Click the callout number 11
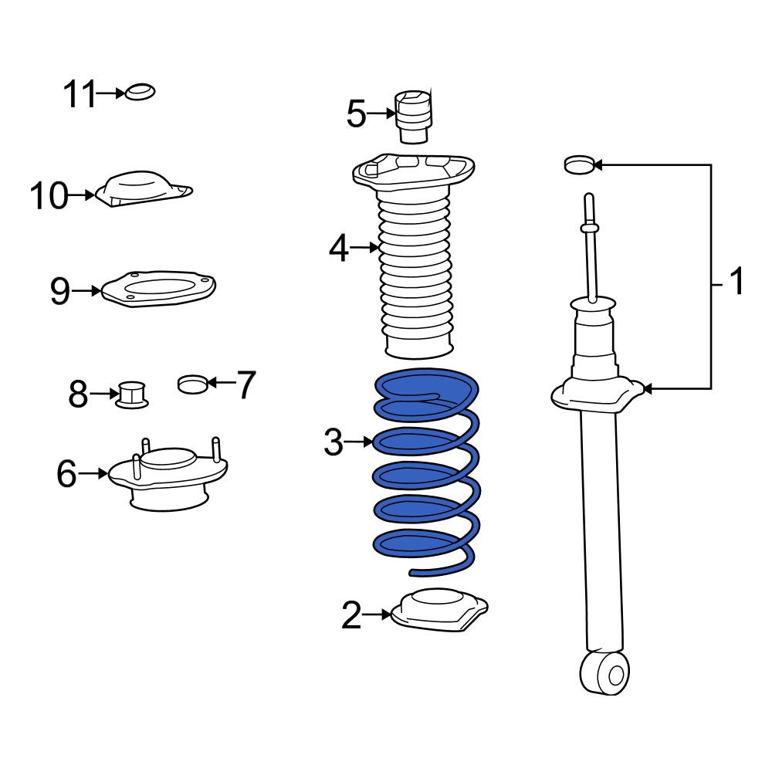pos(80,93)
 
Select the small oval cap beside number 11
pos(140,92)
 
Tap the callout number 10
pos(49,195)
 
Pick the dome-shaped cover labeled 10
pos(144,189)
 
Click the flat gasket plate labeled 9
pos(158,289)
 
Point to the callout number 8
pos(78,394)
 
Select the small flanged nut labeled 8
pos(132,394)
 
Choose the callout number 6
pos(67,474)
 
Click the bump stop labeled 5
pos(414,117)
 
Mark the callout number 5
pos(357,114)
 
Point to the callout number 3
pos(334,442)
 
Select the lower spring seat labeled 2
pos(438,610)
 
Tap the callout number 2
pos(351,615)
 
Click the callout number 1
pos(736,282)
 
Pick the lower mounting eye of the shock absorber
pos(605,672)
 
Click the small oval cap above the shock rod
pos(580,165)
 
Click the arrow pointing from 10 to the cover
pos(81,195)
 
